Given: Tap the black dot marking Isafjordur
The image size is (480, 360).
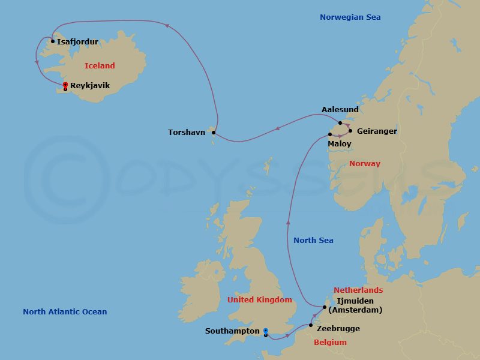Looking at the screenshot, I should click(x=53, y=41).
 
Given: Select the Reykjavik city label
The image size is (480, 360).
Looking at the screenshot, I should click(x=90, y=86).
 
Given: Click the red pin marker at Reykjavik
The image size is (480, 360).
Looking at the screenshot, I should click(x=65, y=85).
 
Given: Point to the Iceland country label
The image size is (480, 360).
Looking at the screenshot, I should click(x=100, y=66).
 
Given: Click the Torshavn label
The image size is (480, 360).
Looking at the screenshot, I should click(x=187, y=132).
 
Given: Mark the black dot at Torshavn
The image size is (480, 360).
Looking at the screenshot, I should click(x=214, y=132).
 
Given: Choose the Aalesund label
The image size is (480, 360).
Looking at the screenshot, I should click(x=340, y=110).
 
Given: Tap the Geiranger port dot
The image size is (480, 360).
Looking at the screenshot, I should click(x=350, y=130).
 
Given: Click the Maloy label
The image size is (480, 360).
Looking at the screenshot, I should click(x=340, y=145).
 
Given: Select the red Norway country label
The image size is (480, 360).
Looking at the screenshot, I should click(x=365, y=164).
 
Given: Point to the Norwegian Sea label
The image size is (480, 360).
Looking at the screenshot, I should click(x=350, y=17).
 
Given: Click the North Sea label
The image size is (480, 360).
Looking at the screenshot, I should click(x=313, y=241).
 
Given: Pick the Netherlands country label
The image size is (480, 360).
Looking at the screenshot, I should click(x=358, y=290).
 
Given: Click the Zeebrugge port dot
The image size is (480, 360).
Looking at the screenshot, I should click(x=310, y=326).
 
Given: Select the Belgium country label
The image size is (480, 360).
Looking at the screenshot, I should click(x=330, y=343).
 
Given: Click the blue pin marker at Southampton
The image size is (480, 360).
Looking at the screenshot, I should click(x=265, y=331).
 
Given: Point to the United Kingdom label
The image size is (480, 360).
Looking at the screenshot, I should click(x=260, y=300).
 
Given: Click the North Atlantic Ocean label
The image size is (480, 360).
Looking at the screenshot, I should click(x=65, y=311).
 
